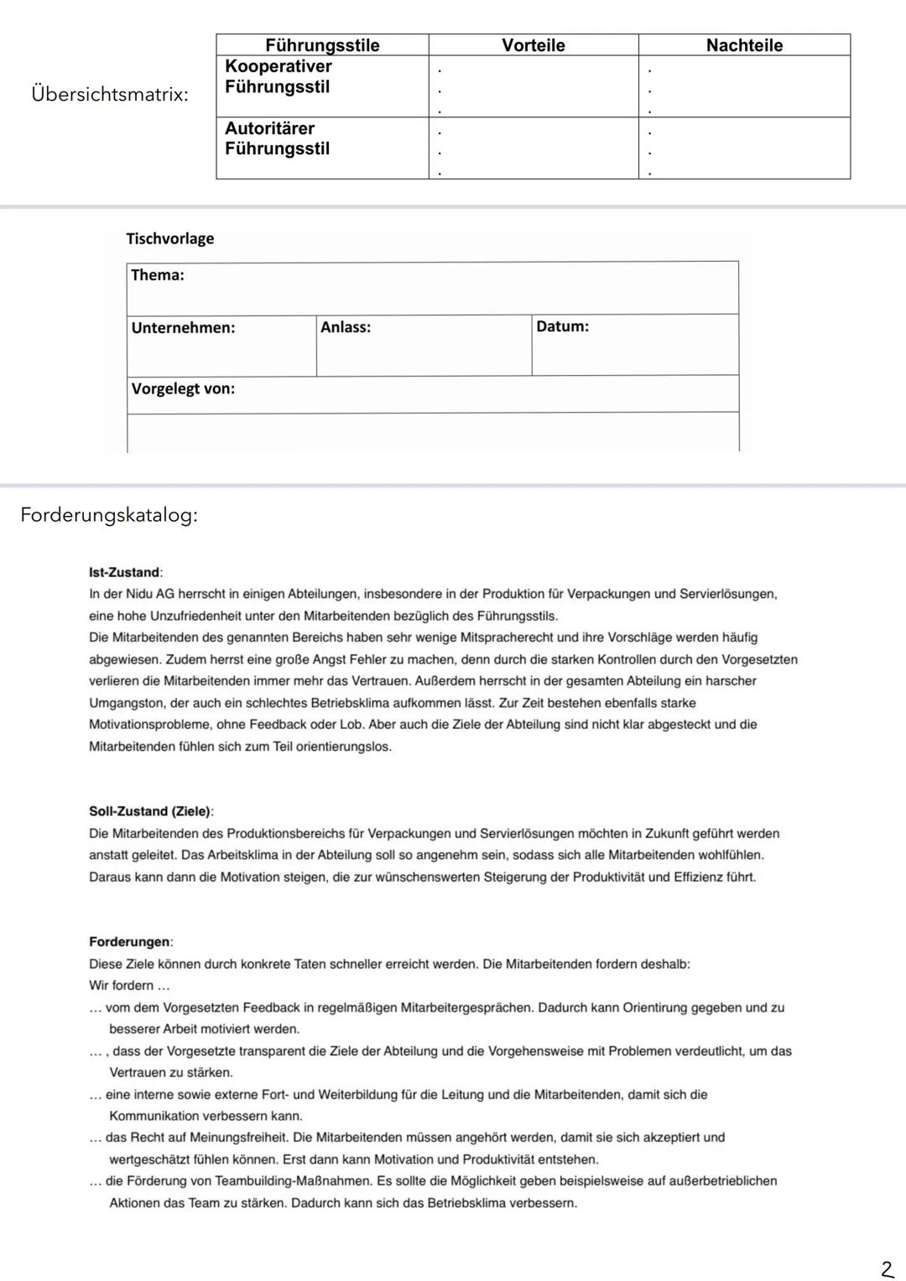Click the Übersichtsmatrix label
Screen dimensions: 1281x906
[x=109, y=95]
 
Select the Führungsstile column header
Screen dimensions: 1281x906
[x=322, y=45]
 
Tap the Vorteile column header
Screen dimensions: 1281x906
[x=534, y=45]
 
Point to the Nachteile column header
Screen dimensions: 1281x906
[x=744, y=45]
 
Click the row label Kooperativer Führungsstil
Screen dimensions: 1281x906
[x=279, y=76]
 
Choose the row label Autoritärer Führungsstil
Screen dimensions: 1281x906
[x=277, y=138]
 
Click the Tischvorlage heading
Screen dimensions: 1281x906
[x=170, y=238]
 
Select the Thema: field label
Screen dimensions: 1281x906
[x=158, y=275]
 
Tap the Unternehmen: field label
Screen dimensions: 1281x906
[x=183, y=328]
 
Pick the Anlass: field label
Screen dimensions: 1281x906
[x=346, y=327]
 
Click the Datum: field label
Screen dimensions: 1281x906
[x=562, y=326]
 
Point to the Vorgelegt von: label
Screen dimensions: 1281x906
[x=183, y=388]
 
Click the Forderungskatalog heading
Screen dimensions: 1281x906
[x=109, y=515]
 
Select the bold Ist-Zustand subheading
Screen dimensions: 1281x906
[x=125, y=572]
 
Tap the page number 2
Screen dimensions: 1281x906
[x=887, y=1269]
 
